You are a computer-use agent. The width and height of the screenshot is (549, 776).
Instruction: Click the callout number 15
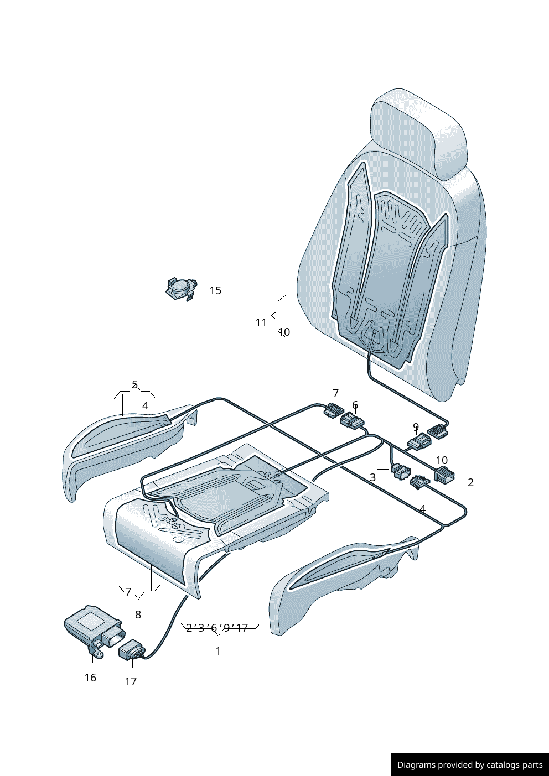click(215, 290)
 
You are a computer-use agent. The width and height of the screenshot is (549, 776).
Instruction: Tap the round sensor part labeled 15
click(180, 288)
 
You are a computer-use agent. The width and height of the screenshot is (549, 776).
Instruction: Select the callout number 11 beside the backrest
click(261, 322)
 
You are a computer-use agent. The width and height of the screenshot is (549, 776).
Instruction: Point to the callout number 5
click(134, 384)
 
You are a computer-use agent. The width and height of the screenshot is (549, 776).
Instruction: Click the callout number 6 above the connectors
click(355, 405)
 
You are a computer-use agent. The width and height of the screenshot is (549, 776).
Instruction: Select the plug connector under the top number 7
click(334, 410)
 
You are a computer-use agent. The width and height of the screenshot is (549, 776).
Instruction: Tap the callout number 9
click(416, 428)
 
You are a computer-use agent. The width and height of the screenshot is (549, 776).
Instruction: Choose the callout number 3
click(372, 477)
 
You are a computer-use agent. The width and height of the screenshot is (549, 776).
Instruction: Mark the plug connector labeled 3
click(400, 471)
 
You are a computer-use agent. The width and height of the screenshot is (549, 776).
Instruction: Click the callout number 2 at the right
click(470, 482)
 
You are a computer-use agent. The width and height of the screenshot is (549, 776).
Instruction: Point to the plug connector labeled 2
click(444, 475)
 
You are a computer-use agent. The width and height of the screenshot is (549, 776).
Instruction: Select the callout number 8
click(138, 614)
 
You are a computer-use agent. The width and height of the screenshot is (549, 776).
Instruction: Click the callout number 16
click(90, 678)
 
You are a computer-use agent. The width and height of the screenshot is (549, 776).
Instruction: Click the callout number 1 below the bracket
click(218, 651)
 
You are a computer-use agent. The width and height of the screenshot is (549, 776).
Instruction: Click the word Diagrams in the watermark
click(416, 765)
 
